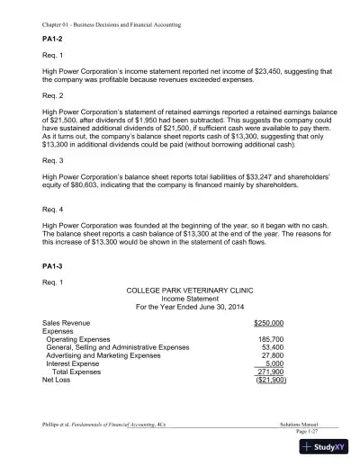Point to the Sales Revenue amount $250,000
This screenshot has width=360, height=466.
click(x=269, y=322)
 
